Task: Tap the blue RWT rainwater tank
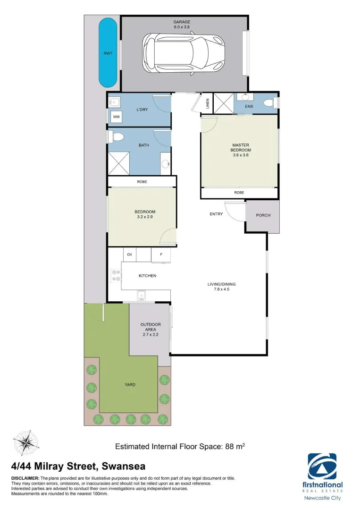tap(108, 53)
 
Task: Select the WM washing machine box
tap(116, 117)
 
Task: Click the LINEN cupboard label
tap(208, 104)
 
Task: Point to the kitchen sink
tap(141, 296)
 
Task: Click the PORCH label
tap(263, 215)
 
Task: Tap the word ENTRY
tap(216, 214)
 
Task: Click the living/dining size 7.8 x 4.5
tap(221, 290)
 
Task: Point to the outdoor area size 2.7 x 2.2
tap(151, 334)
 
